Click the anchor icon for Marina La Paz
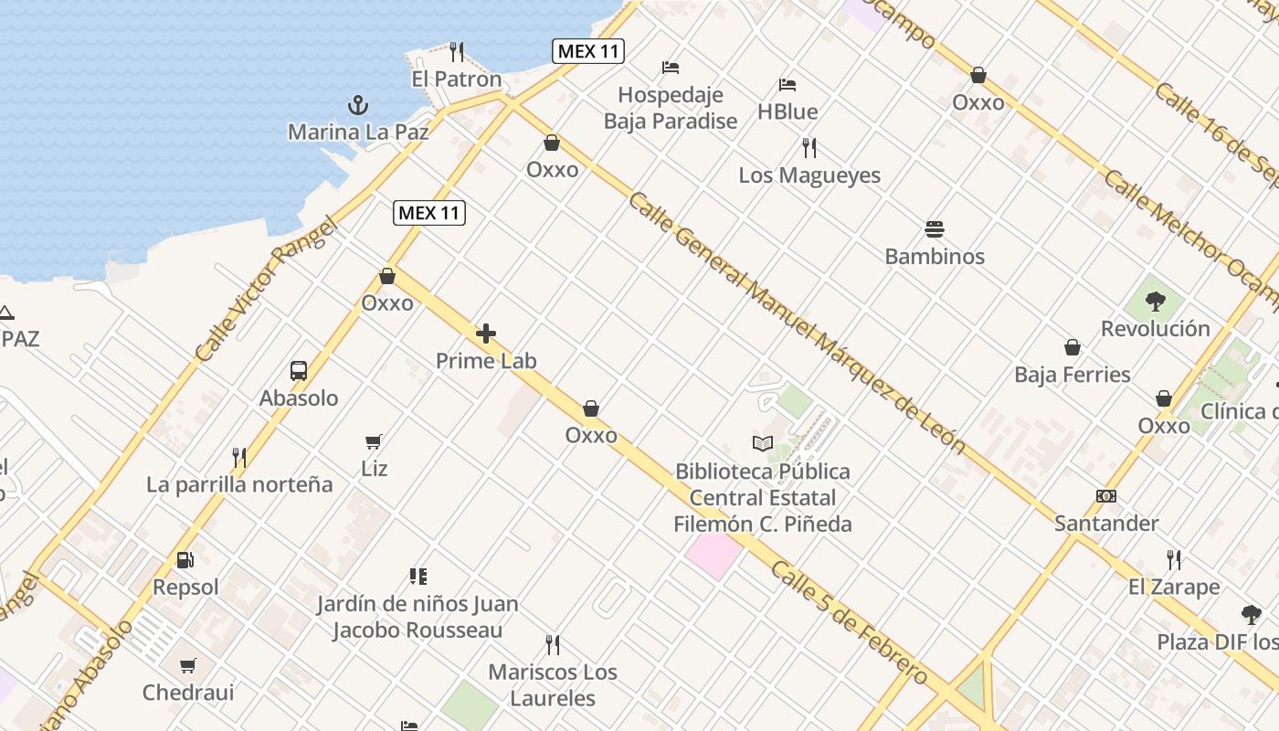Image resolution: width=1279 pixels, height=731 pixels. (358, 105)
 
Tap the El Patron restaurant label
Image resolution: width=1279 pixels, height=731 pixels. (457, 79)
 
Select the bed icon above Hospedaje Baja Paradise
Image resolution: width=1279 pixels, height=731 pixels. (671, 68)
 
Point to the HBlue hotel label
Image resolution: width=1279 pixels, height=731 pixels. (787, 111)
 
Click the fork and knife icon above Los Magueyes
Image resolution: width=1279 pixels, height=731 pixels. (809, 147)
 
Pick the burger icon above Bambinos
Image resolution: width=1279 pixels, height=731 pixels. (934, 228)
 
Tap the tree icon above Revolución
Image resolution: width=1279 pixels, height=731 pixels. (1156, 301)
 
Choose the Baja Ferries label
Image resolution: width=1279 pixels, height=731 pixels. (1073, 375)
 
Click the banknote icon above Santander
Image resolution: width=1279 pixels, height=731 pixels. (1106, 496)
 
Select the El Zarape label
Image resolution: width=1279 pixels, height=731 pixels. (1174, 587)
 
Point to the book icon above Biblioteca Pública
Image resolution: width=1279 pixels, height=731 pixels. (763, 444)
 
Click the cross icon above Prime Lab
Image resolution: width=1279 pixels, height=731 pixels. (486, 334)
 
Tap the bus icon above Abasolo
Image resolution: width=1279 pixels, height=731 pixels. (299, 371)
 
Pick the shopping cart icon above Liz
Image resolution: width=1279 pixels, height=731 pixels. (374, 442)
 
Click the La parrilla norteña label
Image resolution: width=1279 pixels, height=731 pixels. (239, 484)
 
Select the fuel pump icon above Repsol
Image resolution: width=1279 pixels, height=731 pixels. (185, 559)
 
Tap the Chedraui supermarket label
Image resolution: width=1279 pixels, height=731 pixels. (188, 693)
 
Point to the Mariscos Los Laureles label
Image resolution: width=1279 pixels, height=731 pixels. (553, 685)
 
